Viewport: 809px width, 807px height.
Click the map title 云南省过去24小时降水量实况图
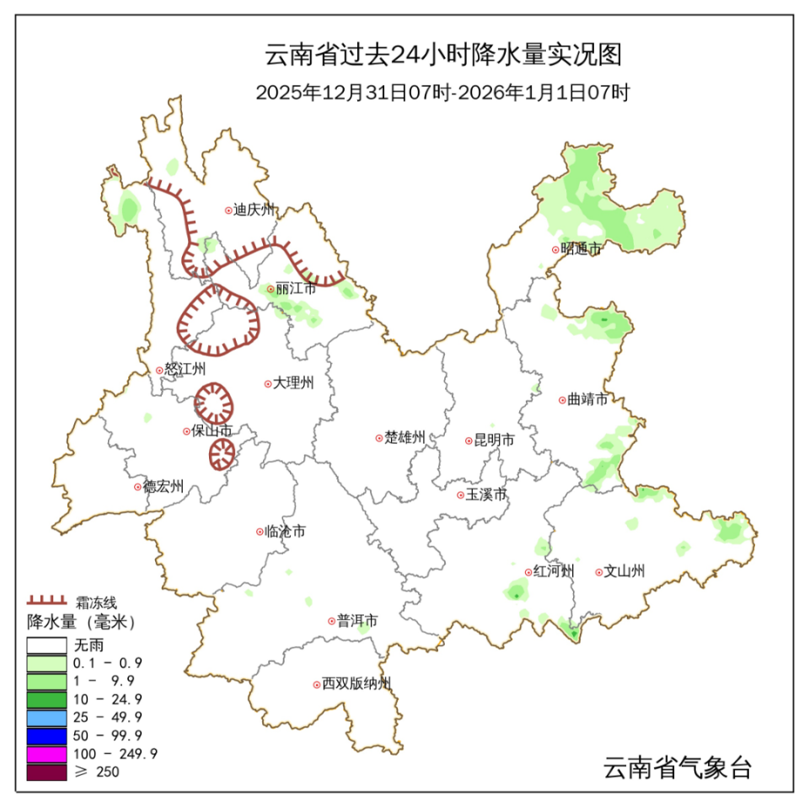pyautogui.click(x=443, y=55)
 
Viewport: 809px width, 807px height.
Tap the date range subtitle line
pyautogui.click(x=443, y=94)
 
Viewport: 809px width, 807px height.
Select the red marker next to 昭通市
pyautogui.click(x=555, y=249)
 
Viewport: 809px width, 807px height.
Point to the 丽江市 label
pyautogui.click(x=296, y=288)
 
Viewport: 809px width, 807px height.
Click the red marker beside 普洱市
pyautogui.click(x=331, y=621)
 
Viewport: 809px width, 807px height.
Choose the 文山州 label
pyautogui.click(x=624, y=571)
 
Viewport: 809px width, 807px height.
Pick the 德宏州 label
pyautogui.click(x=163, y=486)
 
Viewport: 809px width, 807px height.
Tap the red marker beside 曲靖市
pyautogui.click(x=562, y=399)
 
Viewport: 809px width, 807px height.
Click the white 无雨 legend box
pyautogui.click(x=46, y=646)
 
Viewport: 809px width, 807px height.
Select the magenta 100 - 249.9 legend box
pyautogui.click(x=46, y=752)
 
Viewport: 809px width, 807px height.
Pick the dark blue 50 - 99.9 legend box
pyautogui.click(x=46, y=735)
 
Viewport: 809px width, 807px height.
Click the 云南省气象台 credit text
pyautogui.click(x=677, y=767)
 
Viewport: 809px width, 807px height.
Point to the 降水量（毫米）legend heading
pyautogui.click(x=81, y=623)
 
